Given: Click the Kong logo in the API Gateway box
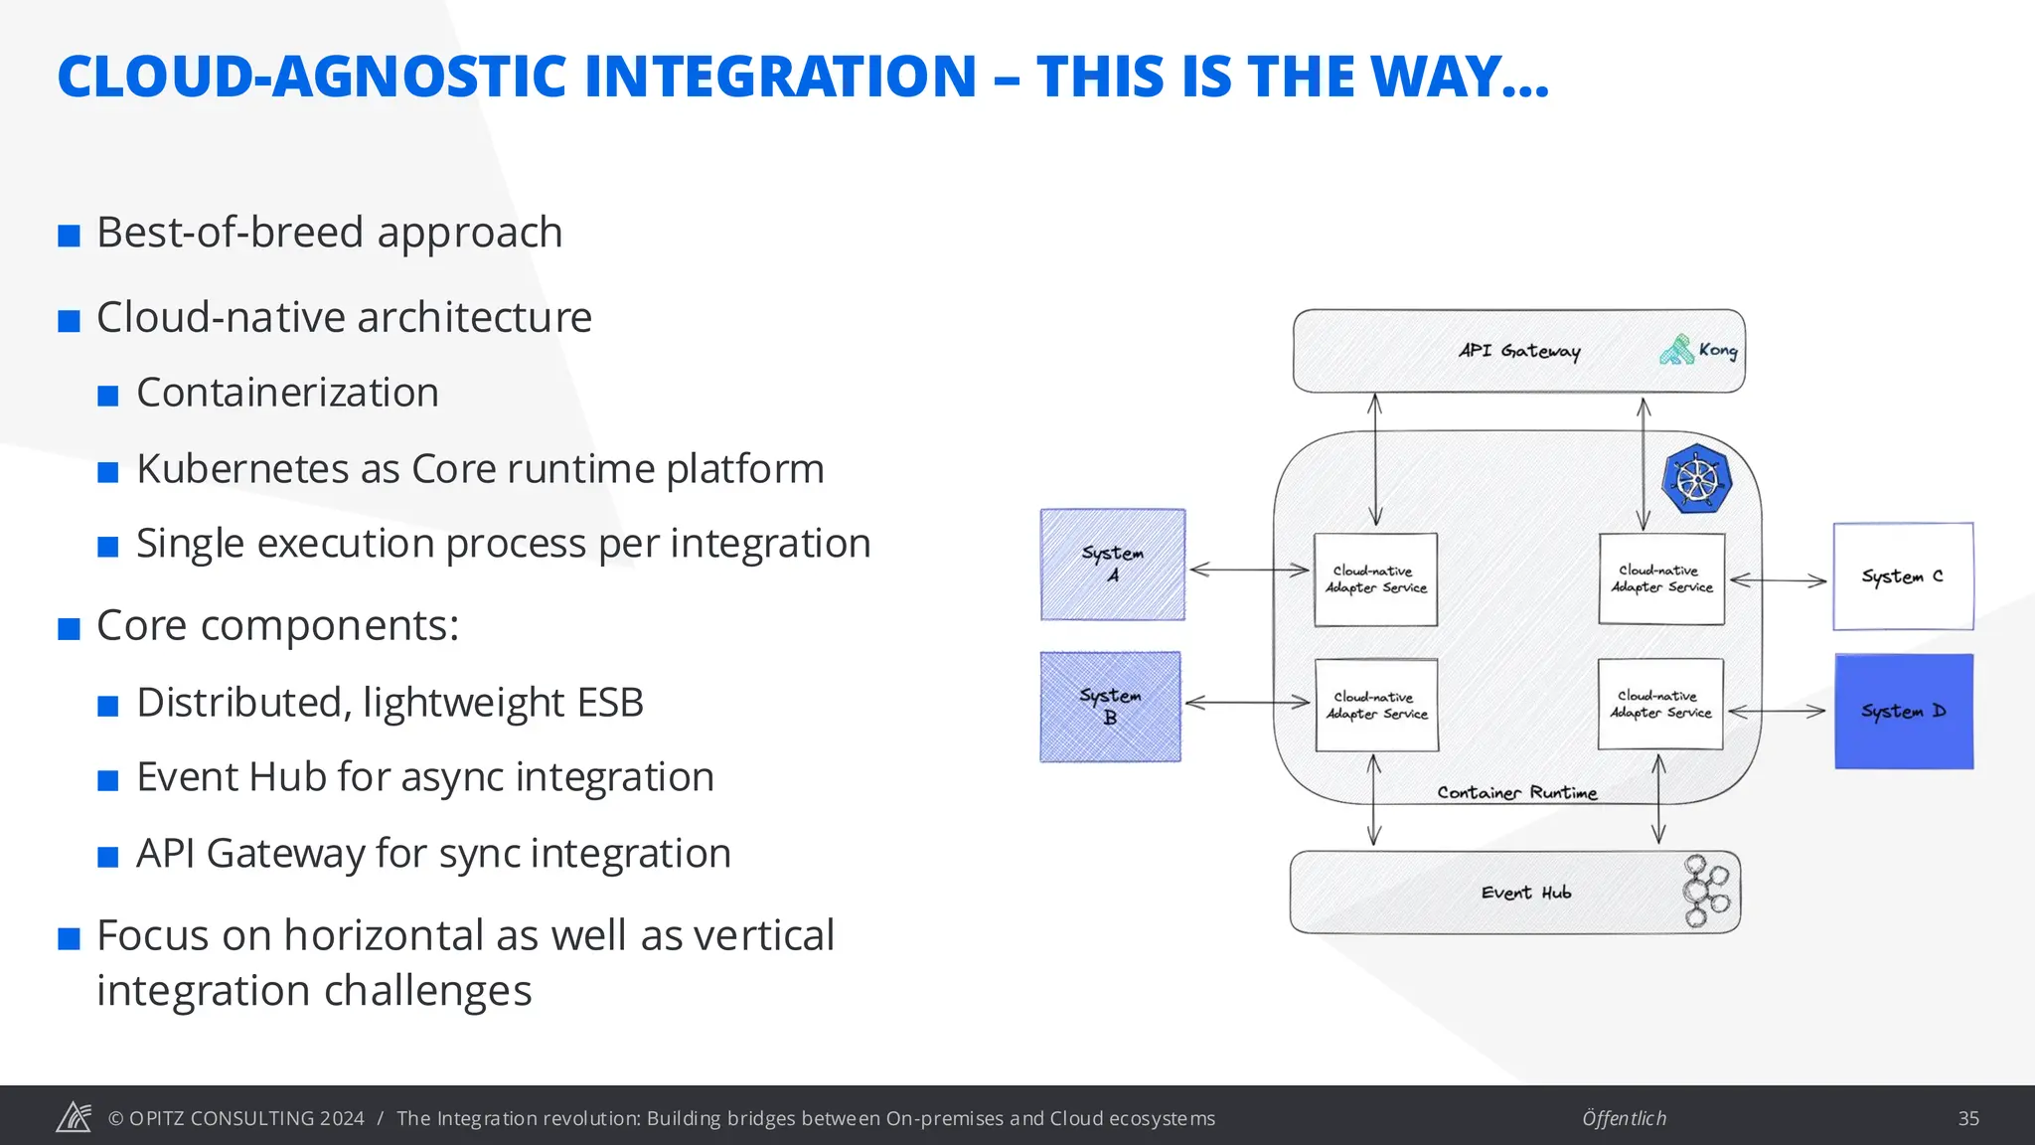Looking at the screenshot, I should (x=1677, y=350).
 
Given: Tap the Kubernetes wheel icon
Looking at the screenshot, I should (x=1696, y=479).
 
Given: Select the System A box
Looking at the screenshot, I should (x=1113, y=565).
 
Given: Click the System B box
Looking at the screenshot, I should (x=1110, y=707).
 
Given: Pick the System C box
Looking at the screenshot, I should (x=1902, y=576).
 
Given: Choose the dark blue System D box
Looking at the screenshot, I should (x=1903, y=712).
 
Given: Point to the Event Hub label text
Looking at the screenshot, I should (x=1525, y=893).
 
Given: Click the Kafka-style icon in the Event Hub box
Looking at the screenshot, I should (x=1705, y=892).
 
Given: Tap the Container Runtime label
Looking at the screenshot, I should (x=1516, y=792).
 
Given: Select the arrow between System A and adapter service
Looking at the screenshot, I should (x=1249, y=570).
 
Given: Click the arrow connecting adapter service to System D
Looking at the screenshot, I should (x=1777, y=712).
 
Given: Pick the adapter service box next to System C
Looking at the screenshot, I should (x=1661, y=579).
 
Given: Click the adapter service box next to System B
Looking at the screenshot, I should (x=1376, y=706).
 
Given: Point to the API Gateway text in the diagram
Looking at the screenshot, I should (x=1518, y=351).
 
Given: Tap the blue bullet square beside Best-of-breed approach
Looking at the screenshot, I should (x=69, y=236).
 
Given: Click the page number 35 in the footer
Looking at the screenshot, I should (x=1967, y=1118).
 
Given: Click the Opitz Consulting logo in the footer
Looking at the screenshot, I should (x=74, y=1117).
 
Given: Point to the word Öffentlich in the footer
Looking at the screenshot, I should (x=1624, y=1118).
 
